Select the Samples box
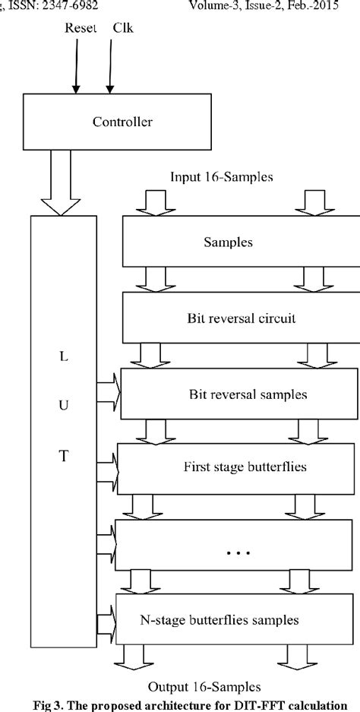click(x=238, y=243)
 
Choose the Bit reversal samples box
click(x=238, y=394)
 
